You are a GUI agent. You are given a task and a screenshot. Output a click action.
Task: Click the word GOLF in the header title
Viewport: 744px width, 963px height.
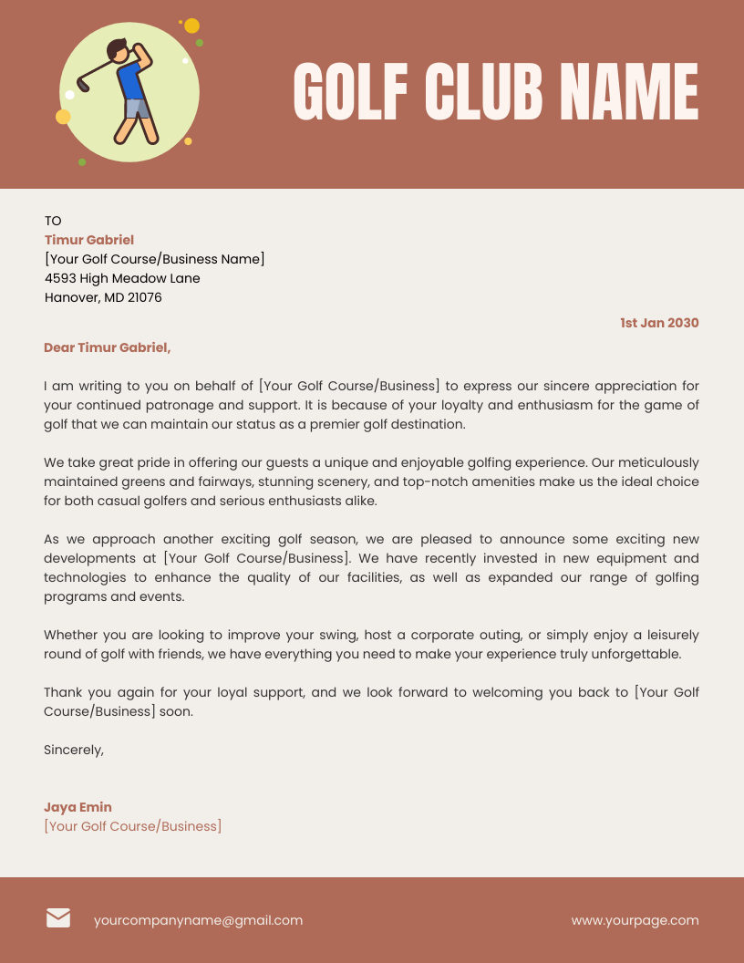pos(349,91)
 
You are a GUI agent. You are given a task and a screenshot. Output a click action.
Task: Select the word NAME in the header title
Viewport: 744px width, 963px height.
pos(629,91)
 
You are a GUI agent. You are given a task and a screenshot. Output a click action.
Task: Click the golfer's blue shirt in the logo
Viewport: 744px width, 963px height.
pos(131,82)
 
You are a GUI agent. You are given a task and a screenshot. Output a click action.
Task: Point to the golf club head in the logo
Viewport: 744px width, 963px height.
pos(83,87)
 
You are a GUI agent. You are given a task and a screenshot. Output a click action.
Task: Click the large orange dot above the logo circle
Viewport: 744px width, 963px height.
pos(191,26)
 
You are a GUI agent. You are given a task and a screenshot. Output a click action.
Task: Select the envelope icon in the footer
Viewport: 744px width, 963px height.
pos(58,918)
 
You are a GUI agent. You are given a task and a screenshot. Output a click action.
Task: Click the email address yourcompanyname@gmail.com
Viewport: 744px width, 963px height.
pos(198,920)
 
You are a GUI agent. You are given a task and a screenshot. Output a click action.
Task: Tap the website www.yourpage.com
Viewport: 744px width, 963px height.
pos(635,920)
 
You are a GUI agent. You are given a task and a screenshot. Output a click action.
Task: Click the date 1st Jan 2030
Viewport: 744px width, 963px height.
pos(659,323)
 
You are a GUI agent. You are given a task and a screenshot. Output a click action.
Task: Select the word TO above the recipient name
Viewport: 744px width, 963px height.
pos(53,221)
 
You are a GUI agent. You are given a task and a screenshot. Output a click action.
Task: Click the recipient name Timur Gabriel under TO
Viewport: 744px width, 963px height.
pos(89,240)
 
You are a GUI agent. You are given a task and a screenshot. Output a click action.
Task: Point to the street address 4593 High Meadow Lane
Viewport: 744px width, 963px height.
pos(122,278)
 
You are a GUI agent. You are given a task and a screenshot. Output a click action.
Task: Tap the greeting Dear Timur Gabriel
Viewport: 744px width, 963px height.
pos(107,347)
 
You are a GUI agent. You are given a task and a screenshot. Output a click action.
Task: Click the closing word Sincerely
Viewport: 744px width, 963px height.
pos(74,750)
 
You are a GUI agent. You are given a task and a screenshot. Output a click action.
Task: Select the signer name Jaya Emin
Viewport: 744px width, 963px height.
pos(77,807)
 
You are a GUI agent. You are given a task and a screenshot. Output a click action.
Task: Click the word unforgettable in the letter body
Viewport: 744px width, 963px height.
pos(635,654)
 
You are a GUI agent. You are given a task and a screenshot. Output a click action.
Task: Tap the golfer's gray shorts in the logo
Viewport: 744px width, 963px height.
pos(137,108)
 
